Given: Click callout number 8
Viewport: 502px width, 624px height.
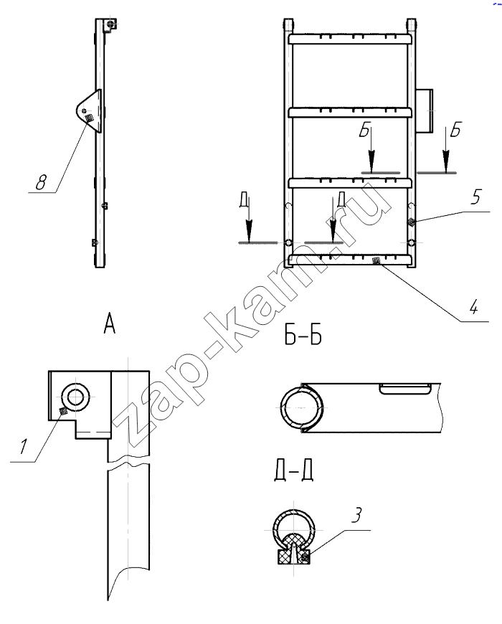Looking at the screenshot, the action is [x=41, y=183].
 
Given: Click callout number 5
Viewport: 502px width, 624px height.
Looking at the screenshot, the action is [x=475, y=197].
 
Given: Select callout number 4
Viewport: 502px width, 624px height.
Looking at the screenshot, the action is [x=473, y=307].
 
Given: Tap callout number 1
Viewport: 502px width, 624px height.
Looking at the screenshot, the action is [x=24, y=447].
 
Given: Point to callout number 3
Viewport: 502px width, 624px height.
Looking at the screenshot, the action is [x=357, y=515].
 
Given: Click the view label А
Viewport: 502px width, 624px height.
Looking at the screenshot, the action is [x=110, y=323].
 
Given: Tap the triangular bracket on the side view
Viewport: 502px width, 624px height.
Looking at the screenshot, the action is [x=90, y=110].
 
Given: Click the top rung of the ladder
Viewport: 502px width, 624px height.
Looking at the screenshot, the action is [x=350, y=39].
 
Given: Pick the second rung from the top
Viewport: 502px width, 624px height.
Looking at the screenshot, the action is [x=350, y=112].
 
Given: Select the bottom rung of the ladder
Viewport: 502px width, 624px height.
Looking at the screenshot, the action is [x=350, y=260].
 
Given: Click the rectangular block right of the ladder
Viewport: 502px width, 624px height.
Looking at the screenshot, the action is [x=425, y=111].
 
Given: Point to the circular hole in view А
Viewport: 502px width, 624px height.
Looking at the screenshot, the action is [x=75, y=397].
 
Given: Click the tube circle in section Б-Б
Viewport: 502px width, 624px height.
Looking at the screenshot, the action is [x=300, y=408].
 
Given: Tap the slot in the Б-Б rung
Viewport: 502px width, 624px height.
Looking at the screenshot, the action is [x=405, y=389].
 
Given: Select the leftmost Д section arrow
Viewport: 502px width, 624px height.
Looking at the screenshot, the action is [x=249, y=220].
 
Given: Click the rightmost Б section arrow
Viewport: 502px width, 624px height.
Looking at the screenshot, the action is [x=446, y=151].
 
